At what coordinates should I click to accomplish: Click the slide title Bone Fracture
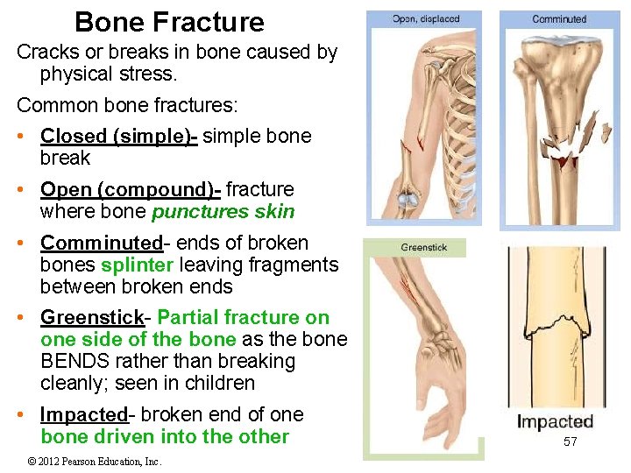[x=169, y=22]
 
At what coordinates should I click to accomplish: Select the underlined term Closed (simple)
[x=118, y=137]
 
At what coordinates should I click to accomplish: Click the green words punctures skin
[x=223, y=212]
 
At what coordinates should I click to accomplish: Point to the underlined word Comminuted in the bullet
[x=102, y=243]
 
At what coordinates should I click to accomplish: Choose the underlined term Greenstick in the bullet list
[x=85, y=317]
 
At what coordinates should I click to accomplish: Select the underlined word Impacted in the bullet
[x=84, y=414]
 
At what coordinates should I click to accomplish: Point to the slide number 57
[x=570, y=441]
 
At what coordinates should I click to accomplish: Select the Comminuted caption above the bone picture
[x=559, y=18]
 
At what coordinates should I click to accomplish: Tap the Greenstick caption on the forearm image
[x=423, y=248]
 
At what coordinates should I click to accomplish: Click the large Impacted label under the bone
[x=555, y=422]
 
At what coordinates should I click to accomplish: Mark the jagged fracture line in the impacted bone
[x=556, y=328]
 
